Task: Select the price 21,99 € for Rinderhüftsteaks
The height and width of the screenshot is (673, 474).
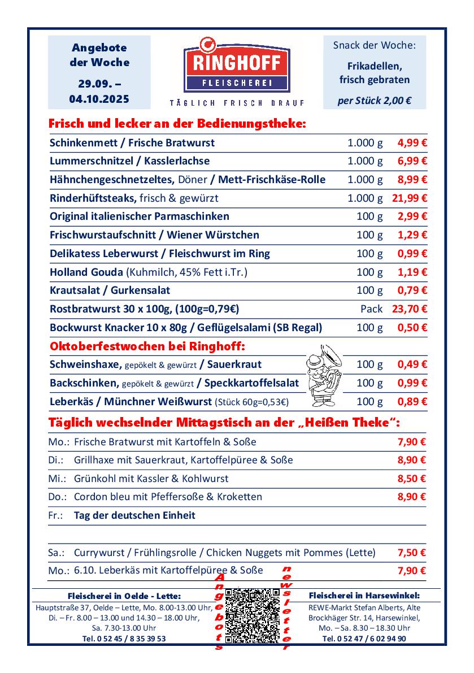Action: click(x=410, y=198)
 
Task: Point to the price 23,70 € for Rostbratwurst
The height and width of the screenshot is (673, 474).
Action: click(x=410, y=309)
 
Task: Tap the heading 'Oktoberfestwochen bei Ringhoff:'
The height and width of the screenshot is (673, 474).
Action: click(x=147, y=345)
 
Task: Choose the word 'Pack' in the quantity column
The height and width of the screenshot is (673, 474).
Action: click(x=371, y=309)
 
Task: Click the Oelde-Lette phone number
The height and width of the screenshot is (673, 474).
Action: click(x=124, y=639)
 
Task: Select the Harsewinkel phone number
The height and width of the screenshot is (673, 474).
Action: click(x=364, y=639)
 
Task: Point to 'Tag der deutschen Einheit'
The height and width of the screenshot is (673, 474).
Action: click(x=134, y=515)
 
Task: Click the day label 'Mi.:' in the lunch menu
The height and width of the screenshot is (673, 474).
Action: click(x=56, y=479)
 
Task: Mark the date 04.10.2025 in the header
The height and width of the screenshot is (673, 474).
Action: click(x=99, y=98)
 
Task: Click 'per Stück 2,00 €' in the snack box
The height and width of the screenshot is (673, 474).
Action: click(x=374, y=101)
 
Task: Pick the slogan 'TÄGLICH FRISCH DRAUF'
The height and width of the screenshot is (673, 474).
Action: click(x=237, y=103)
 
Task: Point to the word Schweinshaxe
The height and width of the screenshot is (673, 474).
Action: click(x=84, y=364)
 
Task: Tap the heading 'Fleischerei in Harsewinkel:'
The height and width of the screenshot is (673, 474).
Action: click(x=364, y=596)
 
